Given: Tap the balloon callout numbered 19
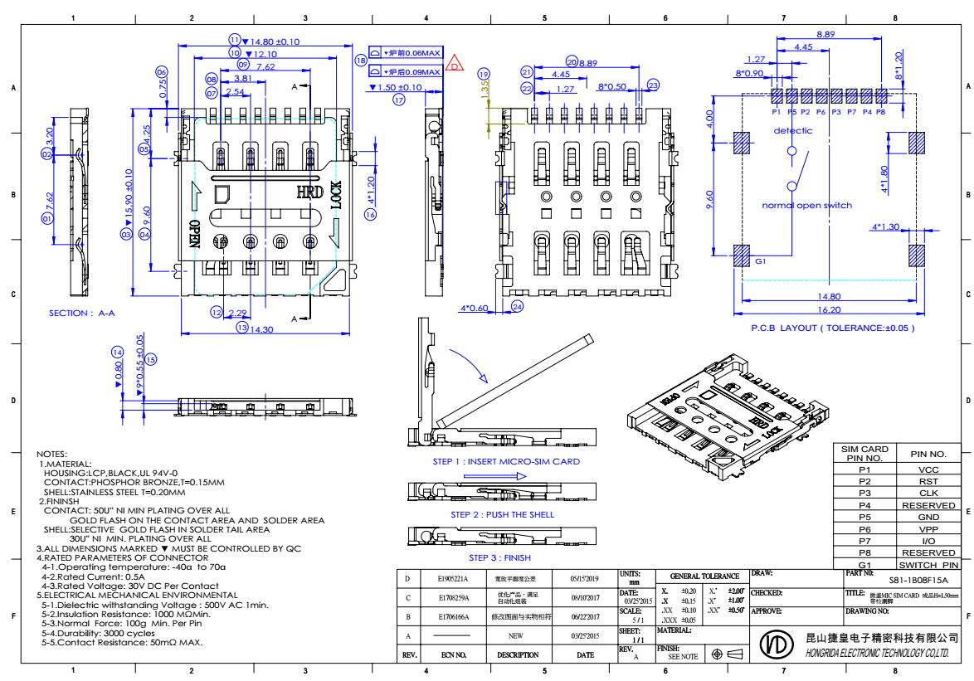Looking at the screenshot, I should (485, 73).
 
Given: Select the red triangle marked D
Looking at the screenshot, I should (453, 64).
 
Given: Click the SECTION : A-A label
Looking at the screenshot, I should (81, 313).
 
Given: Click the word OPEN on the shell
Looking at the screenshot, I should (194, 235).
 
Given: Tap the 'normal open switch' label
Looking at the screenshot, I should (807, 205).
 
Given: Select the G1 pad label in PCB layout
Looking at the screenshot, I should (760, 260).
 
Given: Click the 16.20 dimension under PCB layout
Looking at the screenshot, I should (828, 309).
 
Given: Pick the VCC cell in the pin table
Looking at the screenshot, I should (928, 469).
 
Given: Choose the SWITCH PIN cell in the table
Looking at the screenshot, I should (928, 564).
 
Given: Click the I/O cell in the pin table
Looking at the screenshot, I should (928, 540).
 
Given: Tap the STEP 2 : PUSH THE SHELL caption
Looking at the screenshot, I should (502, 514).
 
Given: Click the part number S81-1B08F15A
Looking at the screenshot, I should (918, 581).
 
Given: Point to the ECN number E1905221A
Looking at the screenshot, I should (453, 579).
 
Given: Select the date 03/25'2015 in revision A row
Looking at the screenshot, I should (585, 636).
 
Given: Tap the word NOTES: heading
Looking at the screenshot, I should (51, 454).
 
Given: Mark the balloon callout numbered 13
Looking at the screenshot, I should (241, 328).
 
